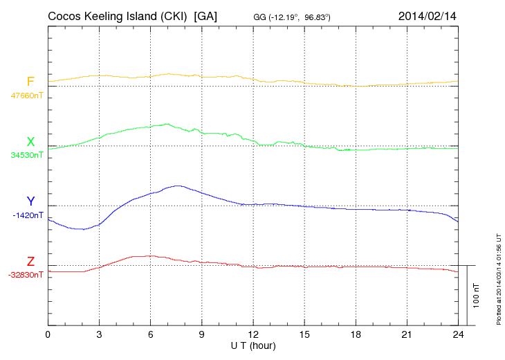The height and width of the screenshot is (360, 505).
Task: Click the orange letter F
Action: point(30,82)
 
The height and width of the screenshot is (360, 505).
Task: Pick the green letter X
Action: point(30,142)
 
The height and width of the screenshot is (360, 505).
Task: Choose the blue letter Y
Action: point(30,201)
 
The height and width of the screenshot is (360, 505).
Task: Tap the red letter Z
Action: point(30,262)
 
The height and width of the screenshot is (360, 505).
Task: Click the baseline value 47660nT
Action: point(27,96)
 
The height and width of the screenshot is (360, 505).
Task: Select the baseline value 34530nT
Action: point(27,155)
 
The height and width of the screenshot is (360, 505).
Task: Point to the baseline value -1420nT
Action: point(28,215)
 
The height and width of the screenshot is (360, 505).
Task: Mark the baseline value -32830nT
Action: point(26,275)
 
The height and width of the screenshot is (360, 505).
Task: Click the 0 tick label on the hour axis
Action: point(48,334)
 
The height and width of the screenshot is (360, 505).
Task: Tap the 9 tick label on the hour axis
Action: point(202,334)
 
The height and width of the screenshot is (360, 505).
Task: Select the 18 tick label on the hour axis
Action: point(356,334)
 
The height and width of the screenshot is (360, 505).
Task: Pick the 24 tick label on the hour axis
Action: point(458,334)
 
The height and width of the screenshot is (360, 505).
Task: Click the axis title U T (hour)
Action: point(253,345)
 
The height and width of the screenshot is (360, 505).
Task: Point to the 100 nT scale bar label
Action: point(477,296)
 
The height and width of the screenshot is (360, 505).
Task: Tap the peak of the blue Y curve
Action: point(178,186)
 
